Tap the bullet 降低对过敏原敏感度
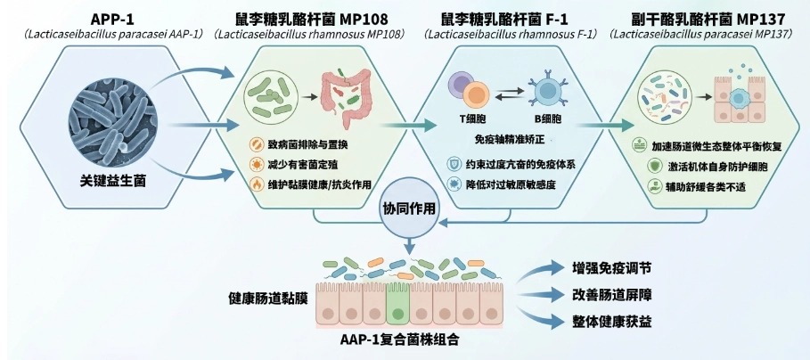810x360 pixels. pyautogui.click(x=516, y=184)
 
